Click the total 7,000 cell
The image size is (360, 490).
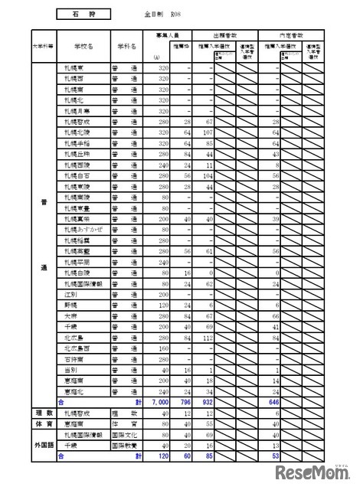tap(159, 401)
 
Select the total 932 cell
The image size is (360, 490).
tap(204, 401)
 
